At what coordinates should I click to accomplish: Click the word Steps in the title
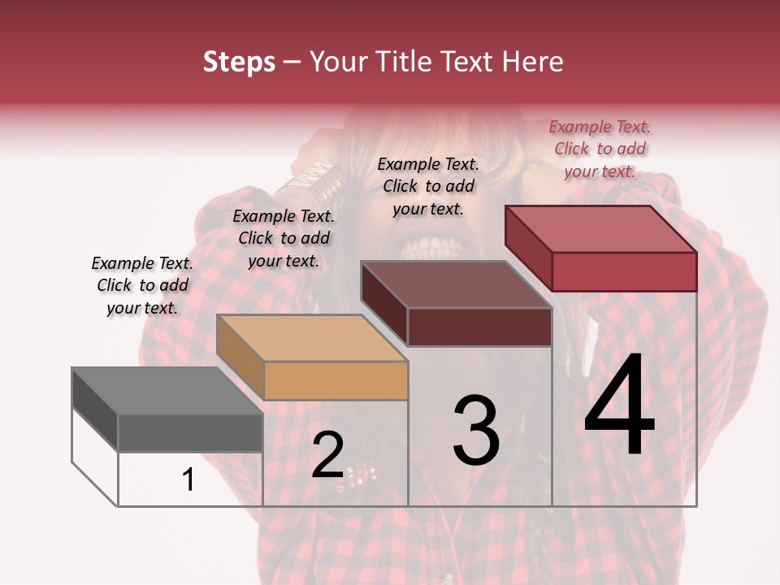click(239, 62)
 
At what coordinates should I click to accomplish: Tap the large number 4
click(619, 406)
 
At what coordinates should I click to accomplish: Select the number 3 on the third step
click(476, 431)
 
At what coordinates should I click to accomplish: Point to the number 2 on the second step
click(327, 455)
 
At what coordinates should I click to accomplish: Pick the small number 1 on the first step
click(188, 479)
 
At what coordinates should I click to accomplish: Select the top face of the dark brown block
click(456, 284)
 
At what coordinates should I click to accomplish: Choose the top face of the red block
click(600, 229)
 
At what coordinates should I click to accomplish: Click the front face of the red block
click(624, 271)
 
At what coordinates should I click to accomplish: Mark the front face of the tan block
click(336, 380)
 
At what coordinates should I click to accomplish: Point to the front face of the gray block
click(190, 433)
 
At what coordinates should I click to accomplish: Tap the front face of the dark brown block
click(479, 327)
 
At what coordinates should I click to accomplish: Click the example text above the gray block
click(142, 285)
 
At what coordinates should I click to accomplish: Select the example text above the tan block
click(284, 238)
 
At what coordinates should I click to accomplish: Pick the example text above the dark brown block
click(428, 186)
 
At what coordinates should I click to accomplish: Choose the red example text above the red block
click(600, 149)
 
